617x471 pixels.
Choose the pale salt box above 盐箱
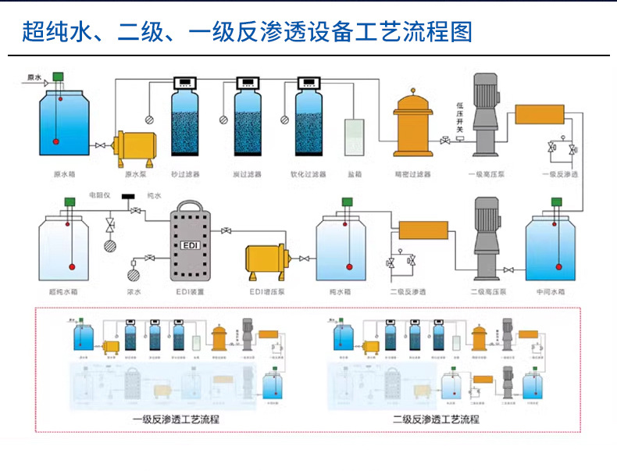click(355, 137)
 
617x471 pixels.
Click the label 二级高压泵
click(489, 291)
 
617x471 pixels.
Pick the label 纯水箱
click(341, 291)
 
